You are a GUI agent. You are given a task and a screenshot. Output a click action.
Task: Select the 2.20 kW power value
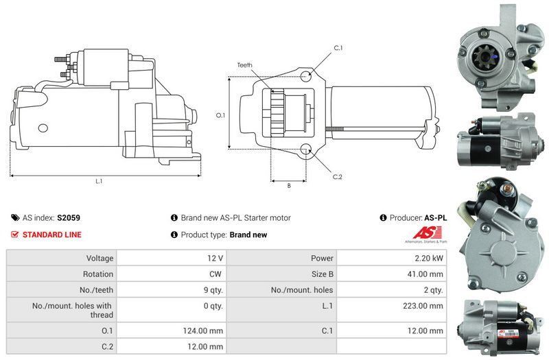click(x=428, y=259)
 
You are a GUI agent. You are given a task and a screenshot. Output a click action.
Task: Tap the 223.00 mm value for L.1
click(x=423, y=305)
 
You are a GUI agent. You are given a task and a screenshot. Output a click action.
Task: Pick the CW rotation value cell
click(x=215, y=274)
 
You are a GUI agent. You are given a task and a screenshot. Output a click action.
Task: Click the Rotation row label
click(x=97, y=274)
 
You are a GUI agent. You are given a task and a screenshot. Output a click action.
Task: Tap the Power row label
click(x=323, y=259)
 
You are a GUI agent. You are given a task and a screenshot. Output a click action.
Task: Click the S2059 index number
click(x=69, y=218)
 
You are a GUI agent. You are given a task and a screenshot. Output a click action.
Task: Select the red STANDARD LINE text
click(x=51, y=235)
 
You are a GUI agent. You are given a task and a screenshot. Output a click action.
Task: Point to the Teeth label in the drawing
click(x=245, y=65)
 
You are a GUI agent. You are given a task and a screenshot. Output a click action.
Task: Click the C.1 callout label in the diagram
click(x=338, y=48)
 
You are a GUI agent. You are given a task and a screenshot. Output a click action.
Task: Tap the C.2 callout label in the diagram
click(x=338, y=177)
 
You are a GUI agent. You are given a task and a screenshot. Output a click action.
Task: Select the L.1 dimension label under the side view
click(x=99, y=181)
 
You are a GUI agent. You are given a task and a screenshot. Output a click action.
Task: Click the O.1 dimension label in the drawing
click(x=220, y=115)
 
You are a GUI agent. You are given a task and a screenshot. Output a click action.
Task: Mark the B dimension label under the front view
click(x=288, y=186)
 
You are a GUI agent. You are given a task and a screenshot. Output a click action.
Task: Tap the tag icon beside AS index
click(x=15, y=218)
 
